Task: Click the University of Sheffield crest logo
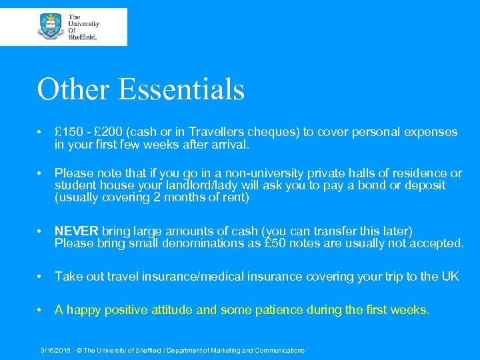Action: [x=51, y=27]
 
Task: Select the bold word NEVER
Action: [x=76, y=231]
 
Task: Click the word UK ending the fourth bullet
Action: [x=450, y=276]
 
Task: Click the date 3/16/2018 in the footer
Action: [x=55, y=350]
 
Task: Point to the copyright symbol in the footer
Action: [x=80, y=350]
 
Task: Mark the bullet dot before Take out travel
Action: [x=41, y=277]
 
